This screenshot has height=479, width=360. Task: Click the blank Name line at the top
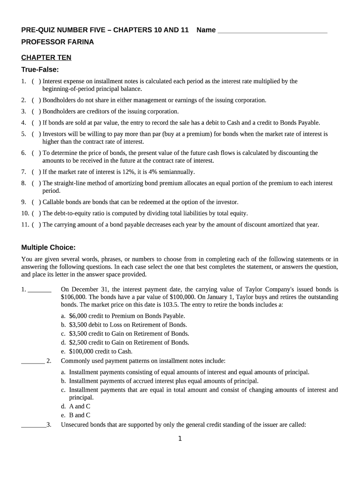click(273, 31)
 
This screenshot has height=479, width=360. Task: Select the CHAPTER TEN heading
click(46, 58)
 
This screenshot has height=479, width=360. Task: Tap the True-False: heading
click(40, 70)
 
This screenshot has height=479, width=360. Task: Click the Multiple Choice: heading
click(49, 247)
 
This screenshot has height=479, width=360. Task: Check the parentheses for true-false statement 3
click(36, 111)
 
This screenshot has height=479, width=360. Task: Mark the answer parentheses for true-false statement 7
click(36, 172)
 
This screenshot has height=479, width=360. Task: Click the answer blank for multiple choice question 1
click(40, 290)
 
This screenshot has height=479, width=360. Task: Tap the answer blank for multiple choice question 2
click(33, 361)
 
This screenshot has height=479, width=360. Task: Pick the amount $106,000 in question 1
click(74, 297)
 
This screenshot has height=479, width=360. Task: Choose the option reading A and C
click(79, 406)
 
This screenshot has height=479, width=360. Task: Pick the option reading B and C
click(79, 415)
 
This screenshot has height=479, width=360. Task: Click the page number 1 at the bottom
click(180, 439)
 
